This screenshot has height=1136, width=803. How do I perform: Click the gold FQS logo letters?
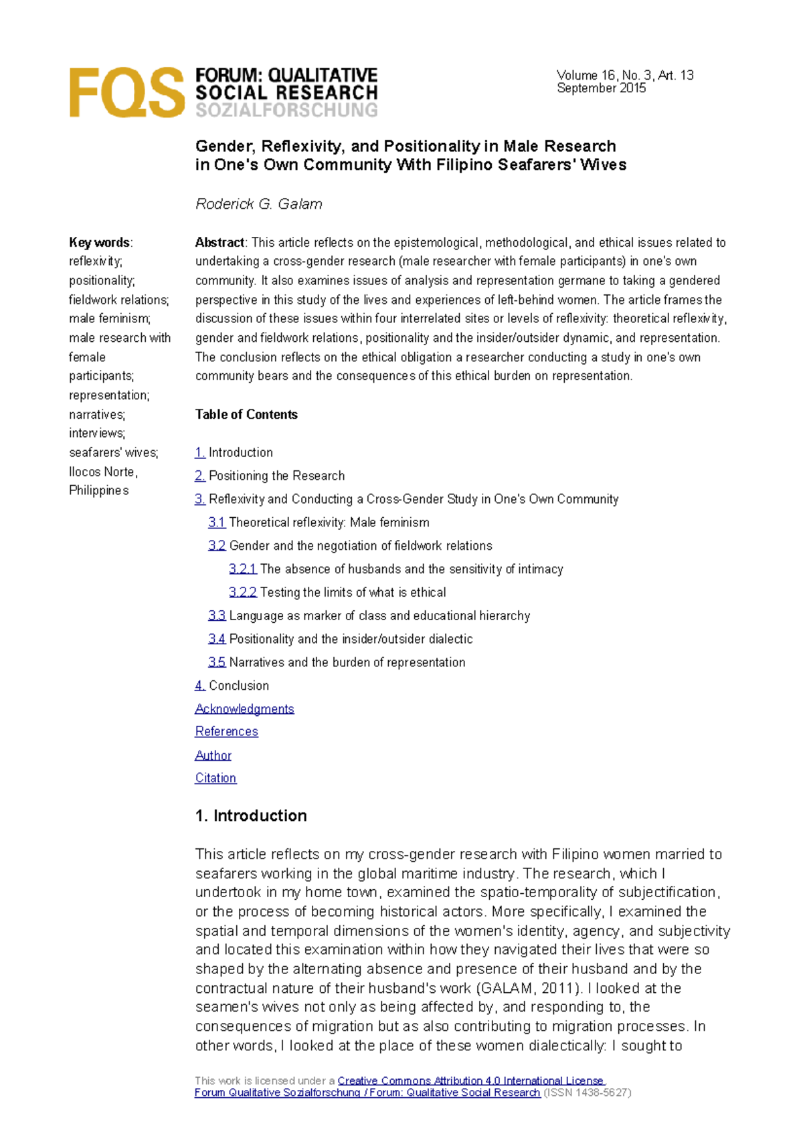point(126,93)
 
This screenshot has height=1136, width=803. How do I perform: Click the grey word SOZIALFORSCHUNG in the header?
point(286,110)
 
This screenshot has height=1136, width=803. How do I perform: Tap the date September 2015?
point(601,88)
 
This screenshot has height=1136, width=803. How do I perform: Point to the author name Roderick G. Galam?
point(258,204)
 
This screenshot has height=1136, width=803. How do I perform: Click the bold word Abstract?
point(219,243)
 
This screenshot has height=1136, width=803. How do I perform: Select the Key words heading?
point(100,243)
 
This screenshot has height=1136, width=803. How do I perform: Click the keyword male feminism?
point(109,319)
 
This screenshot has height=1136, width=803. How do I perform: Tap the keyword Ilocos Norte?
point(102,472)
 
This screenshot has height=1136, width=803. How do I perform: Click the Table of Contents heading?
point(246,415)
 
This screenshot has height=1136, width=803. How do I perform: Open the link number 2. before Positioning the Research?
point(200,476)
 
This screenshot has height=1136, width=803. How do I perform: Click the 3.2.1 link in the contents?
point(242,569)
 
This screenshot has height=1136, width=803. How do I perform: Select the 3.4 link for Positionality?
point(216,639)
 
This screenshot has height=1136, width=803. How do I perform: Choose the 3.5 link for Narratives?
point(216,662)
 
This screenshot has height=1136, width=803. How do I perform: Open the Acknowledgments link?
point(244,709)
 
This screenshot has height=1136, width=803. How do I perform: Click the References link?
point(226,732)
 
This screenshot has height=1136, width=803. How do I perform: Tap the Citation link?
point(215,778)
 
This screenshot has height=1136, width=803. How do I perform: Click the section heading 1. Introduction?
point(251,816)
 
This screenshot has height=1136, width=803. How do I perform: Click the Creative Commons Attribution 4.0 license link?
point(470,1081)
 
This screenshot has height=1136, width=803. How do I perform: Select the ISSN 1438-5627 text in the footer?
point(588,1093)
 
